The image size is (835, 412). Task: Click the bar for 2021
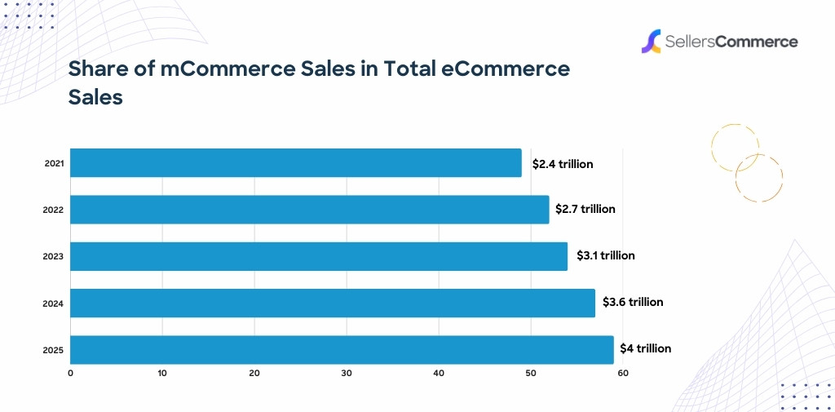pos(295,163)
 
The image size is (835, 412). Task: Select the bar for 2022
pos(309,210)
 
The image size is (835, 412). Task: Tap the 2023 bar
pos(318,256)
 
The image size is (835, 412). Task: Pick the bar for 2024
pos(332,303)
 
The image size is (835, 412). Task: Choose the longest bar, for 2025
pos(342,349)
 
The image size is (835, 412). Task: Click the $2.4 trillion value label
pos(563,164)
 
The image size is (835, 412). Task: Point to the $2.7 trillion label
pos(585,210)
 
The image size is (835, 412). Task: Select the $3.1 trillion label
pos(605,255)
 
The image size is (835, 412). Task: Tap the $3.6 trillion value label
pos(633,302)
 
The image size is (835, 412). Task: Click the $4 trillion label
pos(645,348)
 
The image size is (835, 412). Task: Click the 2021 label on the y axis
pos(54,164)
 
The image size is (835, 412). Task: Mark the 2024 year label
pos(54,303)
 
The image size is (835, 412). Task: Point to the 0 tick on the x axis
pos(70,374)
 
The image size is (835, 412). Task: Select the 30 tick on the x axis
pos(347,374)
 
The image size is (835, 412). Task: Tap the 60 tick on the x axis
pos(623,374)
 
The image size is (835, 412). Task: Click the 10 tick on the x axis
pos(162,374)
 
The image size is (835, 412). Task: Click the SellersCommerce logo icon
pos(650,42)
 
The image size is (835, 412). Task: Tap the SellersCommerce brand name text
pos(730,42)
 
